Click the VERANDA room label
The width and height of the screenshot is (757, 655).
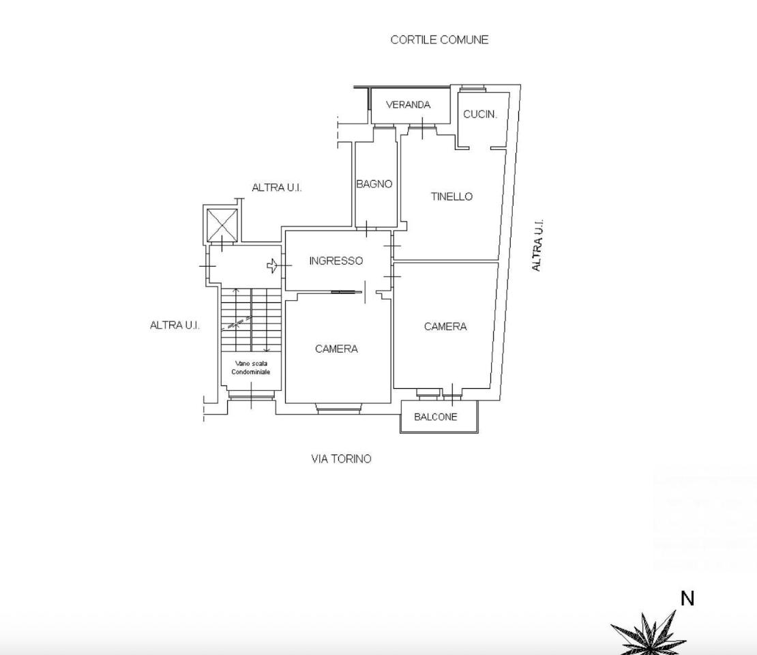408,105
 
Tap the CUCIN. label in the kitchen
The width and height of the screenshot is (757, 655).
479,115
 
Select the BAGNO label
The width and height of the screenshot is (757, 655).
374,184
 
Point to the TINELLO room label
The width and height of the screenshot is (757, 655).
451,196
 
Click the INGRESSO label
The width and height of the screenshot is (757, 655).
336,261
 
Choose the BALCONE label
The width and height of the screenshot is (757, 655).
436,417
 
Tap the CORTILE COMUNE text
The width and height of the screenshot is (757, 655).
439,40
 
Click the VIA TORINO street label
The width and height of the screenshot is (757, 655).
341,459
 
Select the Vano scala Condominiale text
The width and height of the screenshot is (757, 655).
250,368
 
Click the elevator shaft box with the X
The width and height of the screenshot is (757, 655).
222,225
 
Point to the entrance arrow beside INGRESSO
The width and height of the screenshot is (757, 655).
272,265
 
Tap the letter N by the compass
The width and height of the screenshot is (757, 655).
687,598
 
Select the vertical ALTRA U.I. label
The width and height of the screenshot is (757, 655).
537,246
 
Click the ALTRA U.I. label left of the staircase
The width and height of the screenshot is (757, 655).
175,325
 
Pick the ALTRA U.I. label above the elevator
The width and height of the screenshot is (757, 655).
277,188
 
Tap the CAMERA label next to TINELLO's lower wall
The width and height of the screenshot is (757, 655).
445,327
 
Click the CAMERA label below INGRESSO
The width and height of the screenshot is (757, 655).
336,349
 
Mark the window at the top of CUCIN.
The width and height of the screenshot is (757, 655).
472,89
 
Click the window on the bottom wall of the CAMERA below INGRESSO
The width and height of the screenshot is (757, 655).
338,409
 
